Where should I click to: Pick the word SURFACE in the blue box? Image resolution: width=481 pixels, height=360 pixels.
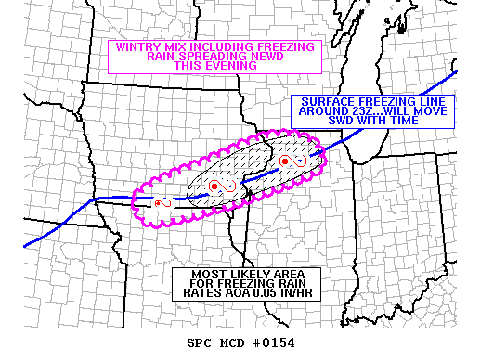tap(321, 102)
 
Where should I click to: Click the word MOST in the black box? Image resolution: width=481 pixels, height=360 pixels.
tap(210, 275)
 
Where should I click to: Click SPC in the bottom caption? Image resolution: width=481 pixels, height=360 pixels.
tap(201, 344)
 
